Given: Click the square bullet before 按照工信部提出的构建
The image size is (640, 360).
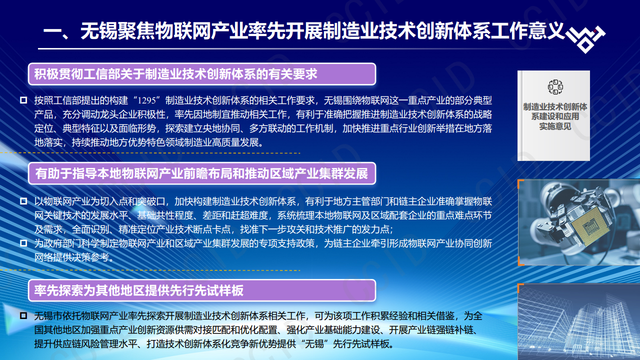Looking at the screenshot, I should click(x=23, y=100).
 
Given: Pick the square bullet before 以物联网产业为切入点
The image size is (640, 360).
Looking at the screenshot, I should click(x=23, y=201).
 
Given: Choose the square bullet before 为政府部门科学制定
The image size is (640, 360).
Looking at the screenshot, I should click(x=23, y=243).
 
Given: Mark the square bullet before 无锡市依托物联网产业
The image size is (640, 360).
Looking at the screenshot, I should click(x=23, y=316).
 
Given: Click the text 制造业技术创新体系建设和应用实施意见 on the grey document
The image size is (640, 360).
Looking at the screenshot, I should click(x=554, y=116).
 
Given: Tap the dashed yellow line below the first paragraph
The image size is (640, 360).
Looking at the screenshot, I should click(x=165, y=153).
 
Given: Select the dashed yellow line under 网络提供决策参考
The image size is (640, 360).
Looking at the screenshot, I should click(x=165, y=270).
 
